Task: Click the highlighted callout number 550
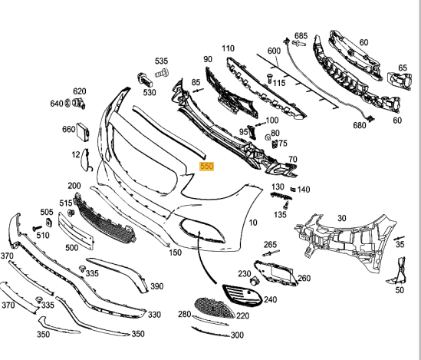click(206, 165)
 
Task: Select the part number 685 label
click(301, 35)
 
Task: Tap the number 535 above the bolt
click(161, 61)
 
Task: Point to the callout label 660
click(68, 129)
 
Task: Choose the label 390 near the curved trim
click(156, 286)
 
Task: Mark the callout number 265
click(270, 245)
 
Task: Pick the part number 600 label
click(274, 51)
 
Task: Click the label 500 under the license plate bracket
click(71, 248)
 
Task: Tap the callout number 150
click(176, 252)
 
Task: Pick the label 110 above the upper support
click(228, 48)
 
